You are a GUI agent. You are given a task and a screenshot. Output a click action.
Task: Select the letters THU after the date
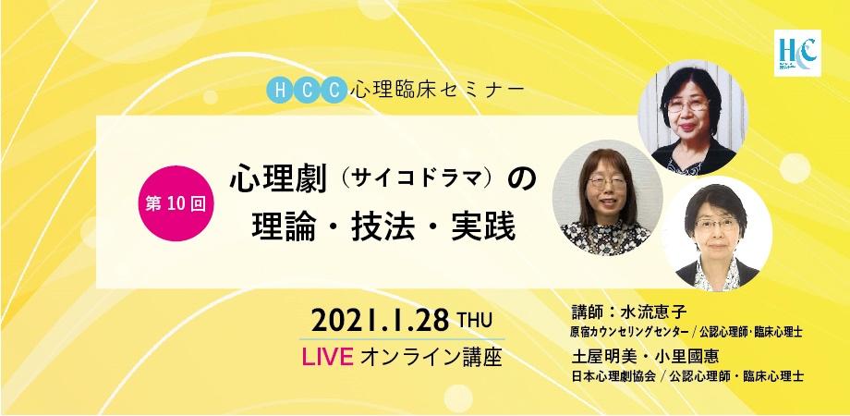[474, 321]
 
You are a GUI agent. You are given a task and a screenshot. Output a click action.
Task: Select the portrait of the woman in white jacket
[717, 235]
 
